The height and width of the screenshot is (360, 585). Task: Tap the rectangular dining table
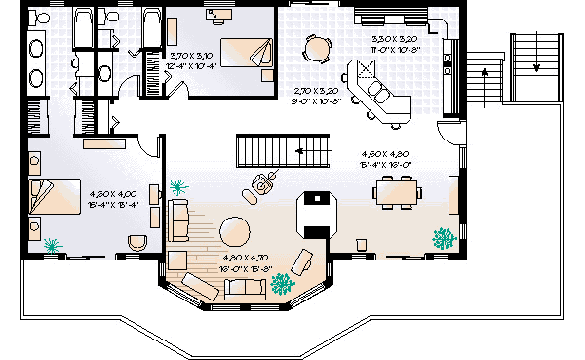point(397,191)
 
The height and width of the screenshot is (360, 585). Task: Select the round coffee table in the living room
point(236,232)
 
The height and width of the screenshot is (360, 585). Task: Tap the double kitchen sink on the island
point(365,71)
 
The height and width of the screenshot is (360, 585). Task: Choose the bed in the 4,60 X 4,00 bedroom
point(54,197)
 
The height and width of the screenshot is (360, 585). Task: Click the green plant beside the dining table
point(444,236)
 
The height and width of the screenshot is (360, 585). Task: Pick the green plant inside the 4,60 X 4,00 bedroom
point(51,242)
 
